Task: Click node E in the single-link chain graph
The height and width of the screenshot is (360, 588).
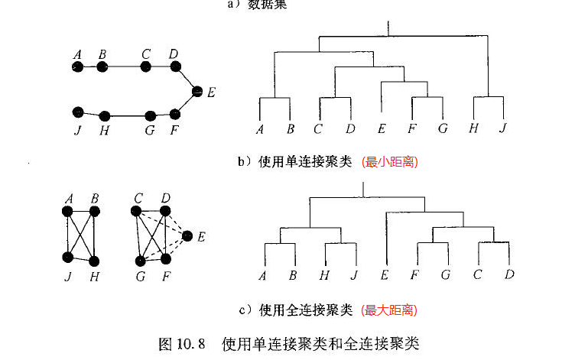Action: (197, 91)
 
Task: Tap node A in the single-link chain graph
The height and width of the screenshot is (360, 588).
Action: (77, 67)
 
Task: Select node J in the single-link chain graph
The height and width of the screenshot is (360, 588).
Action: (76, 112)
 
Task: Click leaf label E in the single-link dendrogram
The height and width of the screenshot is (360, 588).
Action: (382, 128)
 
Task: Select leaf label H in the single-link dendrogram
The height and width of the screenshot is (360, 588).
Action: (473, 128)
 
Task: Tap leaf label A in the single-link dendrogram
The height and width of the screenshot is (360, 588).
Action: (260, 128)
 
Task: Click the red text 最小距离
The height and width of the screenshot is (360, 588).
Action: (390, 162)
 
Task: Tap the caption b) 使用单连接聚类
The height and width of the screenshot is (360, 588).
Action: (296, 162)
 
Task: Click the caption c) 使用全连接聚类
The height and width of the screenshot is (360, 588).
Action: (295, 310)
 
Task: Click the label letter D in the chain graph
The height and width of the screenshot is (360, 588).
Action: (174, 54)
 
